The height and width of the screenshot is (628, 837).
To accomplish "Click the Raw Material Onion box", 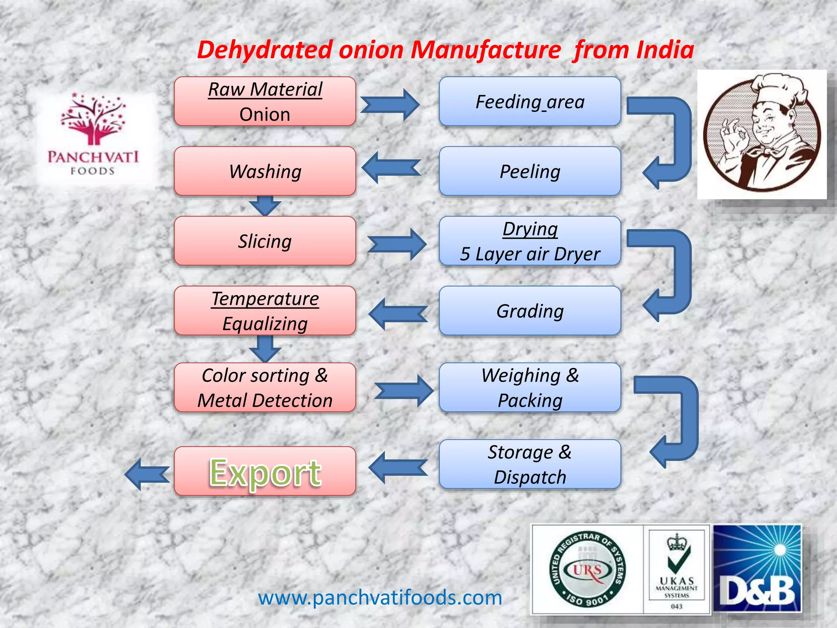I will [x=265, y=101].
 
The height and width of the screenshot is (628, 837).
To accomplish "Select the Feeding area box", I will [x=530, y=101].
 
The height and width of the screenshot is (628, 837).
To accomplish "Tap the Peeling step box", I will [x=530, y=171].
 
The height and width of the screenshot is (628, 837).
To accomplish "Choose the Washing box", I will [x=265, y=171].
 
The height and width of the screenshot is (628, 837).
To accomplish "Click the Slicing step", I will [x=265, y=241].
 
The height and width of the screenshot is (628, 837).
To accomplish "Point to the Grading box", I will [x=530, y=311].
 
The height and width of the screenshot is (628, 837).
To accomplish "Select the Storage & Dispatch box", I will [x=530, y=464].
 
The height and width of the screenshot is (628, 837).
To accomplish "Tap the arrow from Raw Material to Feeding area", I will [x=390, y=105].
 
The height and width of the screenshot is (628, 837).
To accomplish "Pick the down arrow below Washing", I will [x=265, y=206].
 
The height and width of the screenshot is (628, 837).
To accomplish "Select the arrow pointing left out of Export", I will [x=146, y=474].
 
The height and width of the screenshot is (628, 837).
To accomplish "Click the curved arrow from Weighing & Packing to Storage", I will [x=674, y=421].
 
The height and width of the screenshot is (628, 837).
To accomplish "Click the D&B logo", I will [x=757, y=569].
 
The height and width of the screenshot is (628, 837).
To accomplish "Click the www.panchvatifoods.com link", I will [x=380, y=598].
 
